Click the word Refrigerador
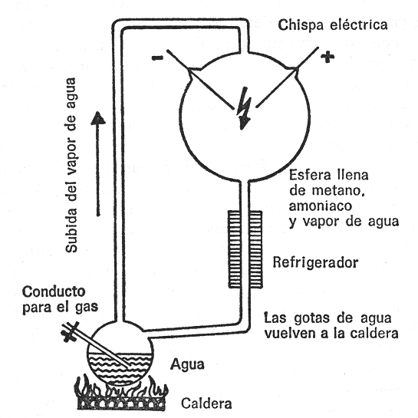point(317,264)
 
